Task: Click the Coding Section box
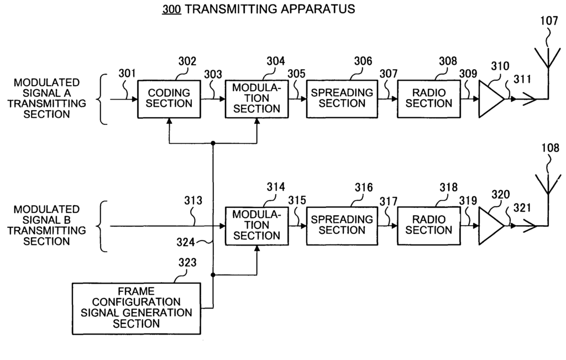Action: pyautogui.click(x=169, y=99)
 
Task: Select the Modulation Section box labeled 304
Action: pyautogui.click(x=256, y=99)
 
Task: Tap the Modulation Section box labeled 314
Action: pyautogui.click(x=256, y=226)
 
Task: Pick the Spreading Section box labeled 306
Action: pyautogui.click(x=342, y=99)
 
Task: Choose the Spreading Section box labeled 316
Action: pyautogui.click(x=342, y=226)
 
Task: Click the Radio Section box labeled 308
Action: pyautogui.click(x=429, y=99)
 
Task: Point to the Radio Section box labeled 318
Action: pyautogui.click(x=429, y=226)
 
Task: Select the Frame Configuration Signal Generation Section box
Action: pyautogui.click(x=137, y=309)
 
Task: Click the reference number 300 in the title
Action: pyautogui.click(x=171, y=9)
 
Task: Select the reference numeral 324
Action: pyautogui.click(x=186, y=242)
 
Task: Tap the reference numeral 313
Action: pyautogui.click(x=193, y=200)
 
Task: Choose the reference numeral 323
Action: pyautogui.click(x=187, y=263)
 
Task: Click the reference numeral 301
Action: pyautogui.click(x=127, y=74)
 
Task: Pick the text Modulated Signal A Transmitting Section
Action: pyautogui.click(x=46, y=98)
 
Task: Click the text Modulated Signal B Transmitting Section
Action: pyautogui.click(x=46, y=225)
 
